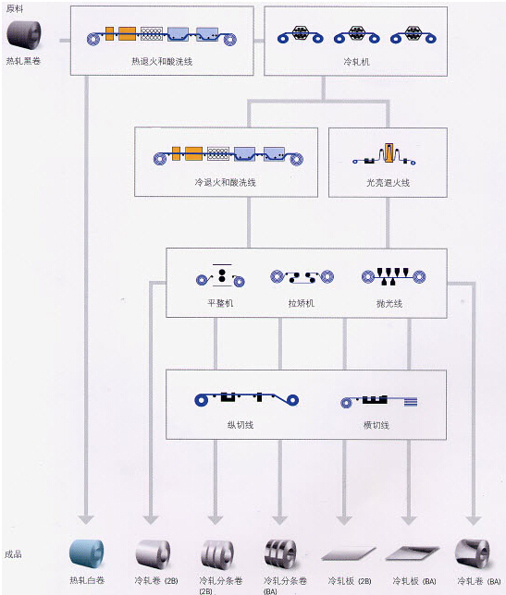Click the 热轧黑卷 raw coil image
(23, 35)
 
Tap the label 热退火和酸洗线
(162, 62)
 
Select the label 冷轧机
(356, 62)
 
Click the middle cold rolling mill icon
(357, 34)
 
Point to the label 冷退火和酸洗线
(226, 183)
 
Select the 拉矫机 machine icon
(302, 277)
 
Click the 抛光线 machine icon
(393, 276)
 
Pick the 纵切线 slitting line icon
(247, 398)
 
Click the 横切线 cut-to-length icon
(378, 401)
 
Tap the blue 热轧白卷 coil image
(87, 553)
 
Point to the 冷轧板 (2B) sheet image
(349, 554)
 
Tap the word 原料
(15, 8)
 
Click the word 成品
(13, 554)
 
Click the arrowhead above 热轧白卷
(86, 519)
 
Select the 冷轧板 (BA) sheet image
(413, 553)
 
